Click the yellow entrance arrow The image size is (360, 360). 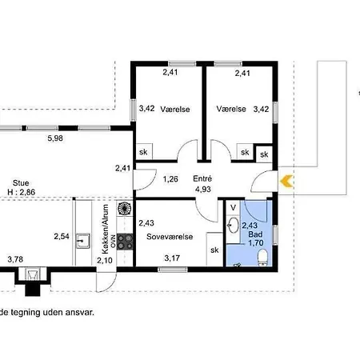pos(286,181)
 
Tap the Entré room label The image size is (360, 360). pos(202,178)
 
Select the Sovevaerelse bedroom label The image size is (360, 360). pos(170,237)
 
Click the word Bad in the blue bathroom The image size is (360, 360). pos(255,234)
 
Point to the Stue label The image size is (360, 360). pos(21,183)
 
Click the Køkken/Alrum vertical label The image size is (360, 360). pos(106,229)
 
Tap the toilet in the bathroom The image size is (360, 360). pos(263,258)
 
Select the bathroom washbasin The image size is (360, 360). pos(234,226)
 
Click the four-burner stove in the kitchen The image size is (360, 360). pos(125,242)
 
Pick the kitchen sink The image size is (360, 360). pos(83,241)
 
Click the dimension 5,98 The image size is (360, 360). pos(55,138)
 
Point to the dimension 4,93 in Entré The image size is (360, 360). pos(203,189)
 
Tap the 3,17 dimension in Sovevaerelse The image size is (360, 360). pos(172,258)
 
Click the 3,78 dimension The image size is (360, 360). pos(15,259)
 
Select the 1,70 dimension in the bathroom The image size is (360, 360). pos(256,243)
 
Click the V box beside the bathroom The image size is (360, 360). pos(234,207)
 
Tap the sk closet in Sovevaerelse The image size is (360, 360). pos(214,250)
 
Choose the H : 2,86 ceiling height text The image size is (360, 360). pos(22,192)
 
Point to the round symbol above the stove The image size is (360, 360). pos(125,209)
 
